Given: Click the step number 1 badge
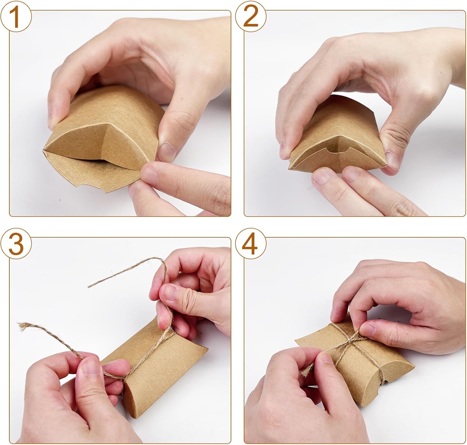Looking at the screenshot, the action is pyautogui.click(x=16, y=16).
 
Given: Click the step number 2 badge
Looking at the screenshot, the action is pyautogui.click(x=251, y=16).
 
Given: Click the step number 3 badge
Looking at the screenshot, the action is pyautogui.click(x=16, y=243).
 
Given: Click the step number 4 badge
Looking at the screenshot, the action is pyautogui.click(x=251, y=243).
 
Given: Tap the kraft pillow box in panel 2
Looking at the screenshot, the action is pyautogui.click(x=337, y=135).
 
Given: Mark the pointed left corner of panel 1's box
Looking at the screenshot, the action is pyautogui.click(x=44, y=150).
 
